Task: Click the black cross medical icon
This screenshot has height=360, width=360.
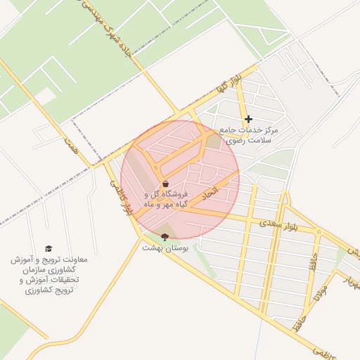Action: tap(248, 120)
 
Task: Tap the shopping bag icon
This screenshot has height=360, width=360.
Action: tap(165, 184)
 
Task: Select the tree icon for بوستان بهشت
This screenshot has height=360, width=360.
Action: tap(165, 237)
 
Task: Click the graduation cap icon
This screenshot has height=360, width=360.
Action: tap(49, 249)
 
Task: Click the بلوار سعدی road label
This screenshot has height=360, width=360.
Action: tap(288, 224)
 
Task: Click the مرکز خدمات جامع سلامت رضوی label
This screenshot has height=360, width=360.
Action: tap(250, 135)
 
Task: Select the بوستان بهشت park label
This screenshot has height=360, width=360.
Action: tap(162, 248)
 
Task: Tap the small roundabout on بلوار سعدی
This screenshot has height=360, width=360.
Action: tap(319, 232)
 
